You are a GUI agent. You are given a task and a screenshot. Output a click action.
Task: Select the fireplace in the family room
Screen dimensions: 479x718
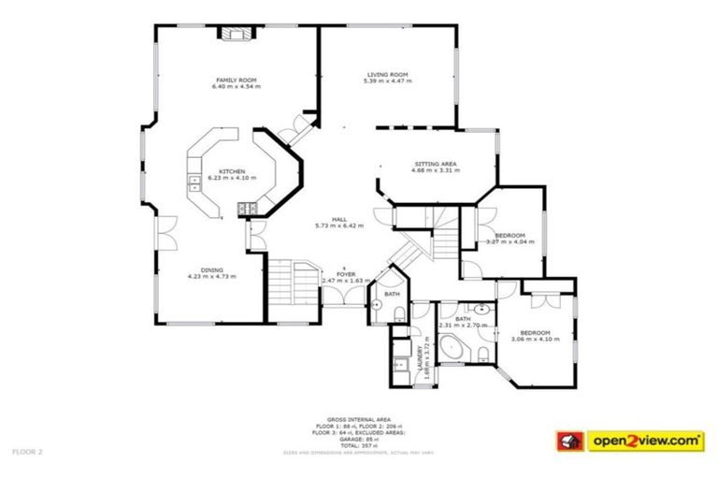pos(236,35)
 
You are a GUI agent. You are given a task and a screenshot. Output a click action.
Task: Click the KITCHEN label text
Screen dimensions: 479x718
pos(232,171)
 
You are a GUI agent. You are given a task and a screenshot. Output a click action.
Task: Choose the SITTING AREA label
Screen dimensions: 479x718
pos(437,164)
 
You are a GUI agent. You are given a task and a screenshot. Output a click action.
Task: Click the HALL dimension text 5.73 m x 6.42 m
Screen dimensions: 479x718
pos(339,225)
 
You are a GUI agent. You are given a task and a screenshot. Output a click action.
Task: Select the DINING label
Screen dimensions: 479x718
pos(211,270)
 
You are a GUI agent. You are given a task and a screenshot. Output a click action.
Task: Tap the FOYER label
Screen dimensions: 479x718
pos(346,274)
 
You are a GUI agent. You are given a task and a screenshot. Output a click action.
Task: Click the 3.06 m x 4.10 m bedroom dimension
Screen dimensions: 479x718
pos(535,339)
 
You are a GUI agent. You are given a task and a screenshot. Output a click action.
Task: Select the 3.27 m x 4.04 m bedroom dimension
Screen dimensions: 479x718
pos(510,241)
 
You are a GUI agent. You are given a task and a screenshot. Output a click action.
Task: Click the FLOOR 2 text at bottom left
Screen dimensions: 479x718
pos(27,450)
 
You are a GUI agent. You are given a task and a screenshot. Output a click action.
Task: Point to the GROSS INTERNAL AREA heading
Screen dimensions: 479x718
pos(358,419)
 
